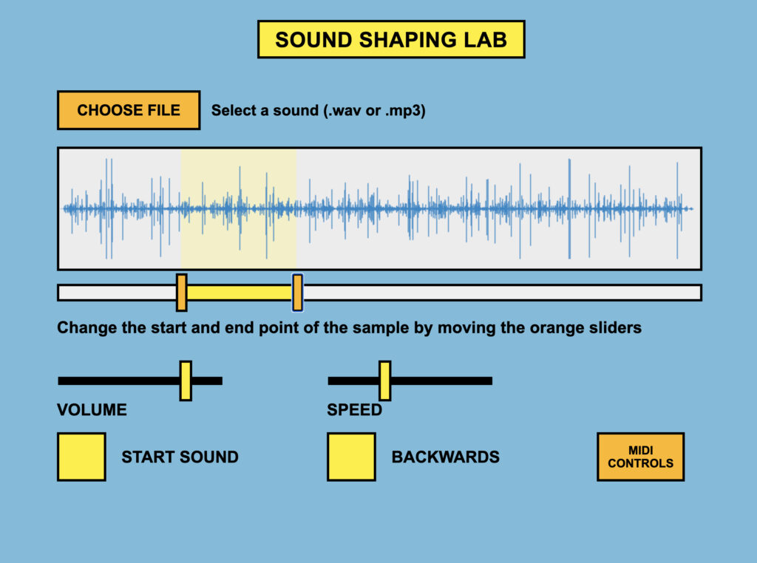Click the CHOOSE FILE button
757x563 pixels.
129,110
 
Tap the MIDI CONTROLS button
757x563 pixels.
640,457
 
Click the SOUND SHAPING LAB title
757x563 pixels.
391,40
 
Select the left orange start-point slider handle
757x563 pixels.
181,293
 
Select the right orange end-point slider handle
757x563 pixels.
297,293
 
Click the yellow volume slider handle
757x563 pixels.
186,381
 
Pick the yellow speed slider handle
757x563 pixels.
384,381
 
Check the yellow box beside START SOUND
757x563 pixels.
81,457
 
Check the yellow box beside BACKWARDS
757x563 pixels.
351,457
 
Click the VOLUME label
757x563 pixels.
92,409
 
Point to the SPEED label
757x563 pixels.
355,409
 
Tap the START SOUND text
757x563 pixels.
180,457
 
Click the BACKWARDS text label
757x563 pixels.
445,457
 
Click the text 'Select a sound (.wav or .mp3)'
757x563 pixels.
318,111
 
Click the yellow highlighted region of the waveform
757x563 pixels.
238,208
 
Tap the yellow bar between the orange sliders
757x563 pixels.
239,293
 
